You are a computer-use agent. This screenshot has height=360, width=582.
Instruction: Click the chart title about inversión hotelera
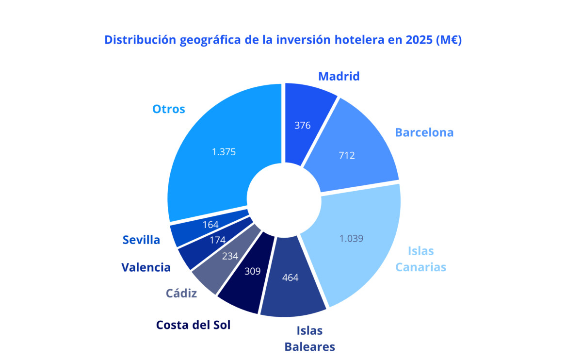point(283,40)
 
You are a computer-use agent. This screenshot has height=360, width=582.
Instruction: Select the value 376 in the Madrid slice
point(303,125)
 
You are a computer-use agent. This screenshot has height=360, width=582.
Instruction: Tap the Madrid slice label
point(339,76)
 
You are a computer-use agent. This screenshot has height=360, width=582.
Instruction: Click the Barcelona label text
point(424,132)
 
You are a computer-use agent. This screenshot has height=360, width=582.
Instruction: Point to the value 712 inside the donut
point(347,156)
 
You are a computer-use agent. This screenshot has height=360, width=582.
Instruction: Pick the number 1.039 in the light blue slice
point(351,238)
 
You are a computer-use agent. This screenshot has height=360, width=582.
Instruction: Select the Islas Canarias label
point(420,259)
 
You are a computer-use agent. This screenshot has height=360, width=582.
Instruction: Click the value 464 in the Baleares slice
point(290,278)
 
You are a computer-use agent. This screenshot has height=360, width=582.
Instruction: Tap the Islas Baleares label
point(309,339)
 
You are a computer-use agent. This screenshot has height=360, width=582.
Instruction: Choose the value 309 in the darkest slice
point(252,271)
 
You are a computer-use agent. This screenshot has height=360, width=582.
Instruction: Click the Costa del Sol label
point(193,325)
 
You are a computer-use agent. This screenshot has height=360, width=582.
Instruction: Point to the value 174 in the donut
point(218,240)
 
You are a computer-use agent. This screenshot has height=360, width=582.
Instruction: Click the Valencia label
point(146,267)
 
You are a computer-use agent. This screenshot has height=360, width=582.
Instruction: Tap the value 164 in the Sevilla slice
point(210,225)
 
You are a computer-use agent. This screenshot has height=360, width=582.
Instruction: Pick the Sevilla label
point(141,240)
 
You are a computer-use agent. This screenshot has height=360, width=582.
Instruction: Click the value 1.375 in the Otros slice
point(224,152)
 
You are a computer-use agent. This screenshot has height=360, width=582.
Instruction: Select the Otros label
point(169,109)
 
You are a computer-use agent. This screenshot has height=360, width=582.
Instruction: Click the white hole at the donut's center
point(284,199)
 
